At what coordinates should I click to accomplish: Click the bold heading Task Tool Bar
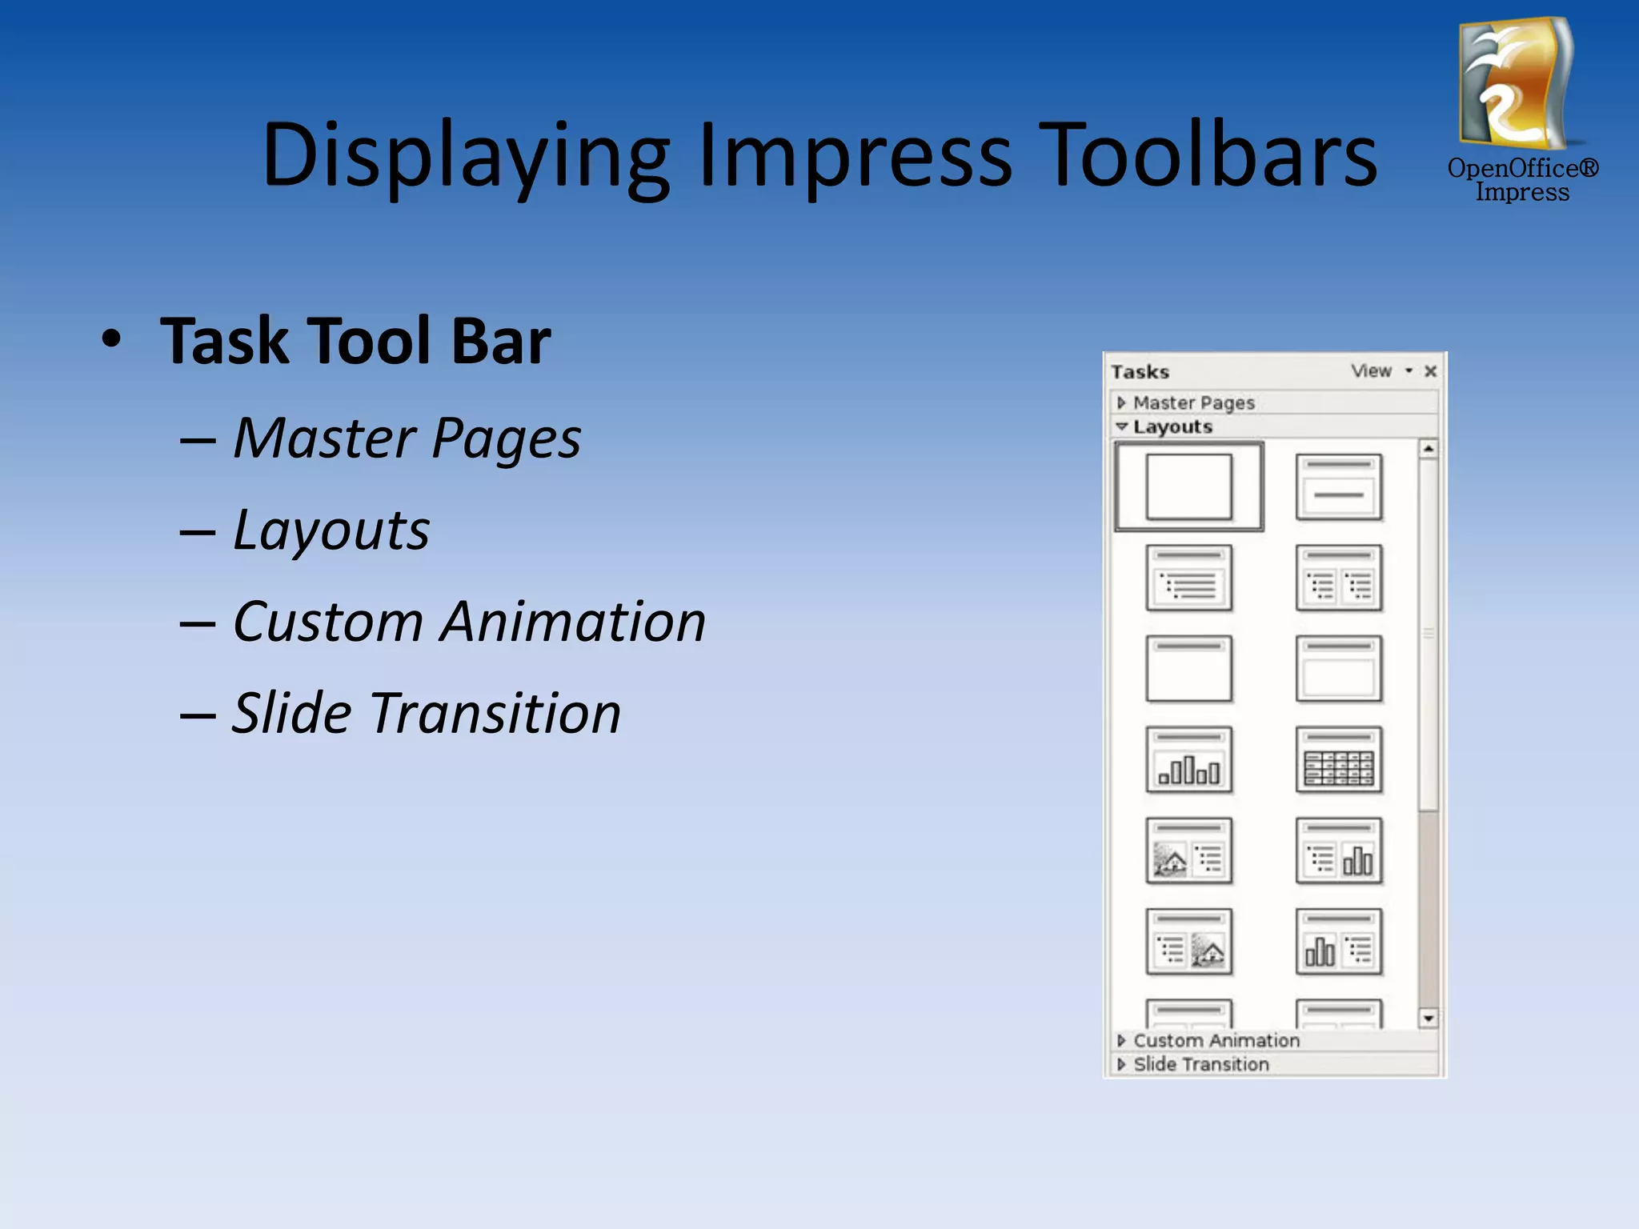(355, 341)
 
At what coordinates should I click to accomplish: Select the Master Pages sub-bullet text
(407, 438)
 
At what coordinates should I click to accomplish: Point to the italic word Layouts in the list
(331, 530)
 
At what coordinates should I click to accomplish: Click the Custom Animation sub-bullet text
(469, 622)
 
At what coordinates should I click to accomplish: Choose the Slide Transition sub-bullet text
(426, 713)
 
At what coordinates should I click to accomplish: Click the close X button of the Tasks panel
(1430, 371)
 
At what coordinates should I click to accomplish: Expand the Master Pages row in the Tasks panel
(1192, 402)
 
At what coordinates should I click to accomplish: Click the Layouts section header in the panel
(1172, 426)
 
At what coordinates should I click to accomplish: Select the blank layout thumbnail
(1188, 486)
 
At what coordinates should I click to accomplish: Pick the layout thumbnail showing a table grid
(1338, 760)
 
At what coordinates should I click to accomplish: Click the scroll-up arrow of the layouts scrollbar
(1428, 449)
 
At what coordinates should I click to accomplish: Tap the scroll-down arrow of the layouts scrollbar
(1428, 1018)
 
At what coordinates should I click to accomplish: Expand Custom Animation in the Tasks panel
(1216, 1040)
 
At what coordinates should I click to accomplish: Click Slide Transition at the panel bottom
(1200, 1064)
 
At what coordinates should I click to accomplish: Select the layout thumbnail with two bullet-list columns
(1338, 578)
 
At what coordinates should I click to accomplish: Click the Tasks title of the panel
(1140, 372)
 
